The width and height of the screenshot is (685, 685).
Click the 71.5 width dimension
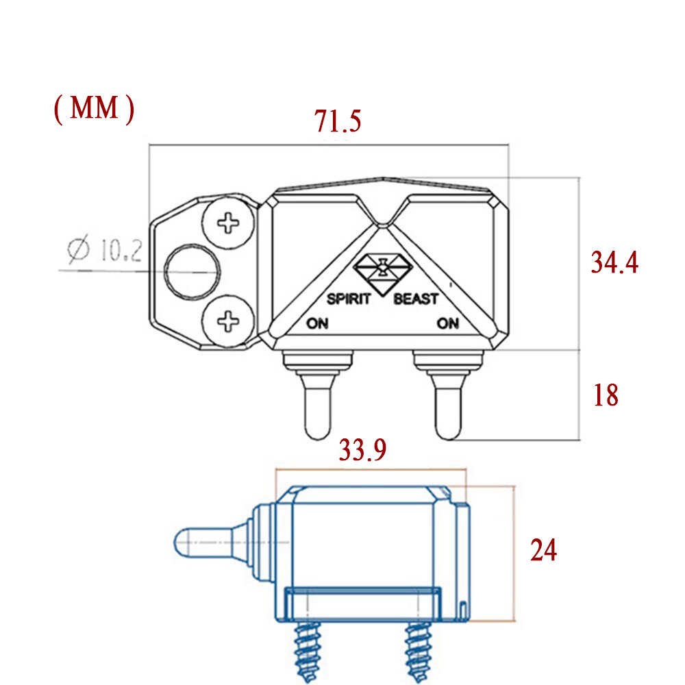click(338, 121)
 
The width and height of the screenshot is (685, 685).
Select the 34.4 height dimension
click(614, 262)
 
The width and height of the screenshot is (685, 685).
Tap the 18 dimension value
click(606, 395)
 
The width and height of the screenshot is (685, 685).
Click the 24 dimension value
click(543, 549)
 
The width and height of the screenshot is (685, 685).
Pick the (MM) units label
click(94, 108)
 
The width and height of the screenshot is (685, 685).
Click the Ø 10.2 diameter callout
click(105, 249)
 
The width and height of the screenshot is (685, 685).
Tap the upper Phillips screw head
click(228, 223)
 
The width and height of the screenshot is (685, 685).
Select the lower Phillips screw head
click(228, 321)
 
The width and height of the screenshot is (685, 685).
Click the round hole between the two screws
click(192, 272)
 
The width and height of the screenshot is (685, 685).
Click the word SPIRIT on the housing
click(349, 299)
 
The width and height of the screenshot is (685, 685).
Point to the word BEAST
click(416, 299)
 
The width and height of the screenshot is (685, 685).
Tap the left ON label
click(317, 323)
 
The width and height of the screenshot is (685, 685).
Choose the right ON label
click(448, 323)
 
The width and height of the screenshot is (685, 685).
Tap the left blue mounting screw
click(308, 652)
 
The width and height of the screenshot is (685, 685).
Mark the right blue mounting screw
click(418, 652)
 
